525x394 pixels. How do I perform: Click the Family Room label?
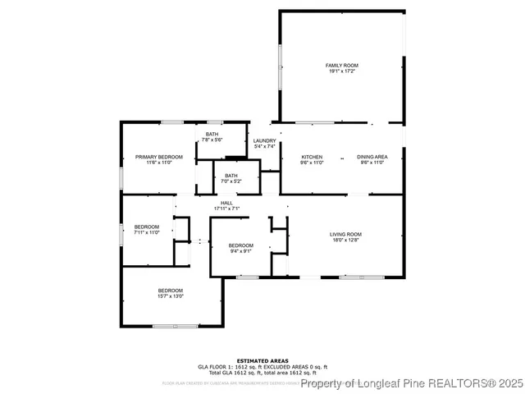[x=342, y=66]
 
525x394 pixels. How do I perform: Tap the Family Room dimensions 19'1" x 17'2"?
[x=342, y=71]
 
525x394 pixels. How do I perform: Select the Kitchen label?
[x=312, y=157]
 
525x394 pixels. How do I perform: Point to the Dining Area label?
[x=372, y=157]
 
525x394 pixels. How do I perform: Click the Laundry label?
[x=264, y=140]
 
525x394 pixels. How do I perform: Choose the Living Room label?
[x=345, y=234]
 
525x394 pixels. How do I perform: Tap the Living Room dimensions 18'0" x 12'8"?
[x=345, y=240]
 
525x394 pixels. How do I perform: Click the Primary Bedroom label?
[x=158, y=157]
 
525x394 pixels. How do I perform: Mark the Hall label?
[x=226, y=203]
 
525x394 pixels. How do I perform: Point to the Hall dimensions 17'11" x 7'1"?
[x=226, y=208]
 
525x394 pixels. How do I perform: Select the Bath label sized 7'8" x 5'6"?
[x=212, y=135]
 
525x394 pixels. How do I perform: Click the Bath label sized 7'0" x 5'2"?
[x=231, y=175]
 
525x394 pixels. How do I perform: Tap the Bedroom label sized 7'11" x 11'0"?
[x=147, y=227]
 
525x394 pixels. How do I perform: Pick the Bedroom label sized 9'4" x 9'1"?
[x=240, y=245]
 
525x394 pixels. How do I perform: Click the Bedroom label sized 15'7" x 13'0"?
[x=171, y=291]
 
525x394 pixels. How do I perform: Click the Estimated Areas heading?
[x=262, y=360]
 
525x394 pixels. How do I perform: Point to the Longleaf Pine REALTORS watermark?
[x=410, y=383]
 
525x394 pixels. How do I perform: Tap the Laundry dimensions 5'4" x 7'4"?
[x=264, y=146]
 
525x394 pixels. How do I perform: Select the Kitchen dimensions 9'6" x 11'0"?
[x=312, y=163]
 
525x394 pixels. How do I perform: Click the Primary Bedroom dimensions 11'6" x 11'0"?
[x=158, y=163]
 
